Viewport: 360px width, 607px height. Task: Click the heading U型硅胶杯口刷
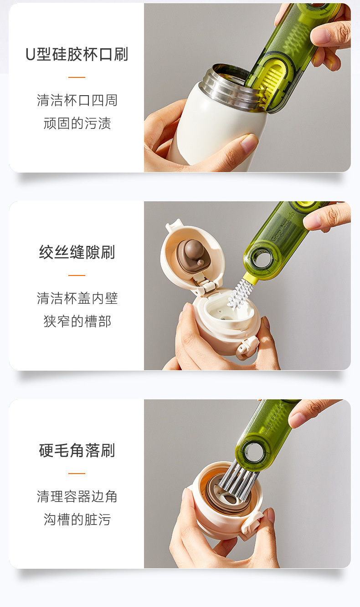click(77, 54)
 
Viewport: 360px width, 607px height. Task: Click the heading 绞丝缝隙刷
click(77, 252)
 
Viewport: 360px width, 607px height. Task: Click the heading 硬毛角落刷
click(77, 450)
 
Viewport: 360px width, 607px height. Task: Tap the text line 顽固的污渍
click(77, 123)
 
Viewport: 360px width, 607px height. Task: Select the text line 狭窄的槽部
click(77, 321)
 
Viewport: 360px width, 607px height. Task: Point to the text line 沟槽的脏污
click(77, 520)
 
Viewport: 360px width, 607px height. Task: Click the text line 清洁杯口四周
click(77, 100)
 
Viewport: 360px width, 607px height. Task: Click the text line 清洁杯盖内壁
click(77, 298)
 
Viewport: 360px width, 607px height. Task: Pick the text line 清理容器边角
click(77, 496)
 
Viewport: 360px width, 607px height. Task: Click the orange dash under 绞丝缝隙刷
click(77, 275)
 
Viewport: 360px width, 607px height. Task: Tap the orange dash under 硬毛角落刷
click(77, 473)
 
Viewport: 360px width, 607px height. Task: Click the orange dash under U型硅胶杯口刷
click(77, 77)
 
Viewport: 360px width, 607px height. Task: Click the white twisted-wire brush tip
click(240, 293)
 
